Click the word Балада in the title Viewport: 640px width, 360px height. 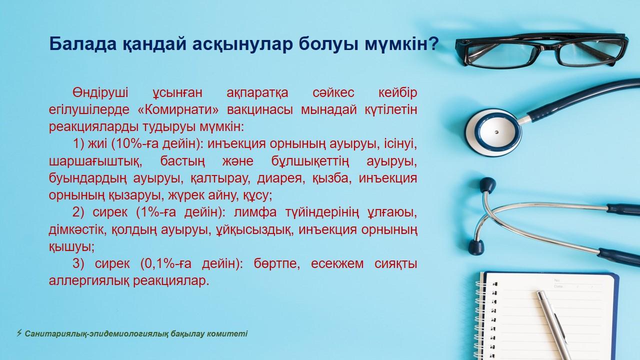click(83, 43)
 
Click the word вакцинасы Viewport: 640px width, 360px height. click(260, 109)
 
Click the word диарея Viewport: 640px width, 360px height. click(279, 178)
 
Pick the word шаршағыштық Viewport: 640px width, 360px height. click(95, 161)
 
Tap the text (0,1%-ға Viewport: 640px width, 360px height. click(165, 263)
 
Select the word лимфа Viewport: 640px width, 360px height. click(255, 212)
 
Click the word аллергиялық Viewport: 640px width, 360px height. click(89, 281)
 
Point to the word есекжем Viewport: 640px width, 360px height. click(337, 263)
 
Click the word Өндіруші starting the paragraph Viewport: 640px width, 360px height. click(100, 92)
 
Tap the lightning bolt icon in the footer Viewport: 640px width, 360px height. click(19, 333)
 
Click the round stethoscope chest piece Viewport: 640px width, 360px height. click(493, 132)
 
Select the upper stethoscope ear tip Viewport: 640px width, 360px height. click(487, 185)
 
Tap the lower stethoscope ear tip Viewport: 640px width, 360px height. click(476, 247)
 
